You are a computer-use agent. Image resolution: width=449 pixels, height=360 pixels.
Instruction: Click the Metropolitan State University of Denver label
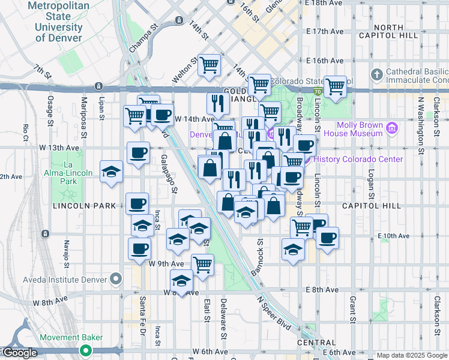pos(58,22)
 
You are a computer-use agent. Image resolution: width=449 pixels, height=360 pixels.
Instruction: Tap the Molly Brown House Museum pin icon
pos(392,128)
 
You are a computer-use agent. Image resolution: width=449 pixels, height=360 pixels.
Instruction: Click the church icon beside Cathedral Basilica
pos(376,74)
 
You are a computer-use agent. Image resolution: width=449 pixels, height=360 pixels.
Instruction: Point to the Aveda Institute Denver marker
pos(116,280)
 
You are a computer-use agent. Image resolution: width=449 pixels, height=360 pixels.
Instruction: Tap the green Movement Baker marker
pos(86,350)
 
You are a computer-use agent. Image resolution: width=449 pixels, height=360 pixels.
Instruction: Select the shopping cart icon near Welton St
pos(209,64)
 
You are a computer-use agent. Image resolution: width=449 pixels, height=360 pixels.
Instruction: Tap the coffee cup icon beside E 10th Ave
pos(327,238)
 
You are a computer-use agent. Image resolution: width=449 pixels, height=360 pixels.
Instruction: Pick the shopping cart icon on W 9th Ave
pos(203,264)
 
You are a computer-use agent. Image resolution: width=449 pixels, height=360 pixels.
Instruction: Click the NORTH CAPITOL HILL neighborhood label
pos(396,31)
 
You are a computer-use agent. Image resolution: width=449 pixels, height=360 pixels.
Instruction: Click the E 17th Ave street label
pos(324,31)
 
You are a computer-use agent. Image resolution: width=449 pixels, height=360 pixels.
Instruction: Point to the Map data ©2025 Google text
pos(412,355)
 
